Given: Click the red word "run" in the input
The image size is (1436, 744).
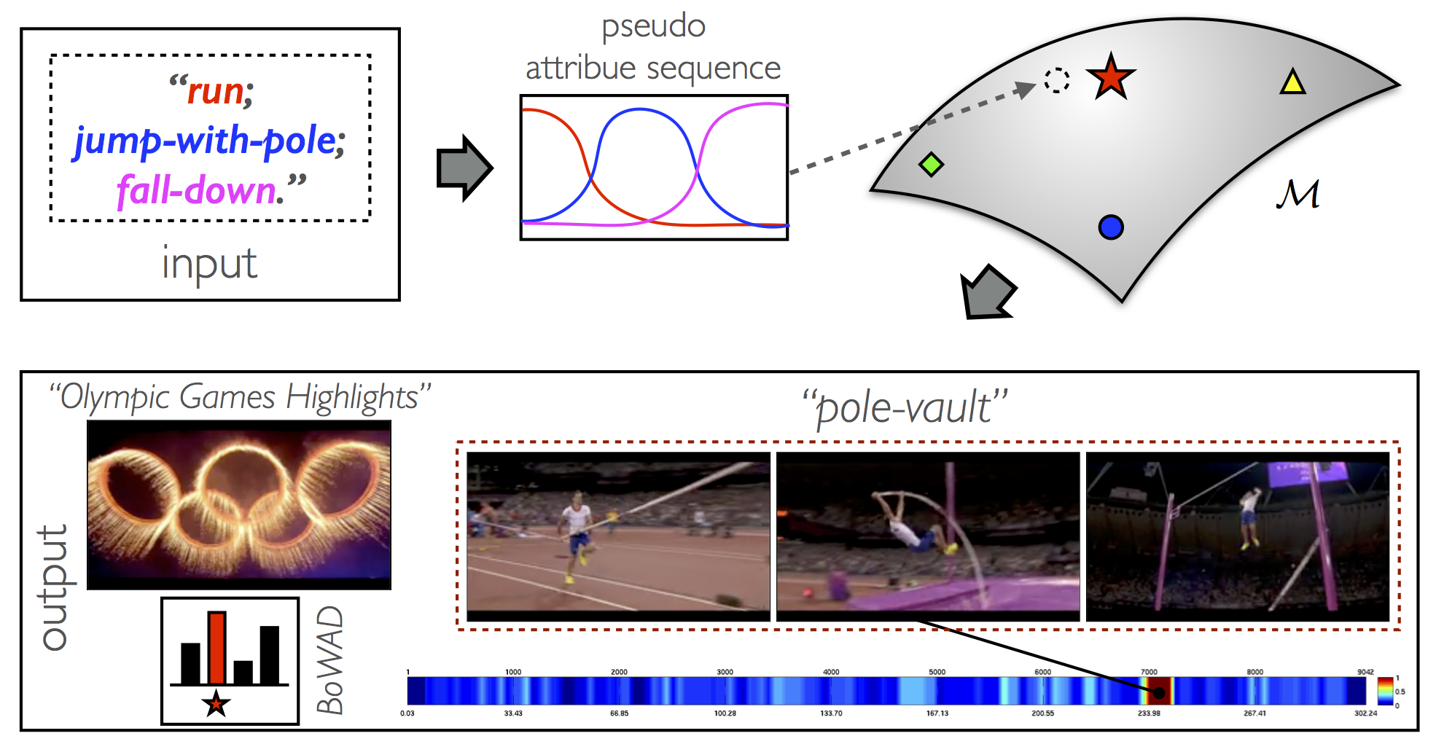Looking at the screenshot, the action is click(216, 92).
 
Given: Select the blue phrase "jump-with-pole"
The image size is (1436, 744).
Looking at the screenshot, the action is click(206, 141).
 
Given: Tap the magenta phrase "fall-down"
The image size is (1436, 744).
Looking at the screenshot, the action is click(197, 190).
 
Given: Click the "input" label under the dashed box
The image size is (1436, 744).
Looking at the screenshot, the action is click(209, 264).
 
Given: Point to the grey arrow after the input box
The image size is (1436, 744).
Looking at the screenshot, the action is click(464, 168).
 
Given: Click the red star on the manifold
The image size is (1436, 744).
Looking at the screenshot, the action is click(1110, 77).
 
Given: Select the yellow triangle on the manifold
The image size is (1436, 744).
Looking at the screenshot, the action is click(1292, 82).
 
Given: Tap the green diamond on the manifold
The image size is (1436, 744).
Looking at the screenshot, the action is click(931, 164).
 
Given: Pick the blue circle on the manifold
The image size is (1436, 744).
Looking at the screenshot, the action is click(1111, 227).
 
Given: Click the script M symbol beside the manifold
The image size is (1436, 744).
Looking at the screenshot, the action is click(1298, 194).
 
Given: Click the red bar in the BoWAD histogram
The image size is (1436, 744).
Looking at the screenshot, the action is click(216, 648).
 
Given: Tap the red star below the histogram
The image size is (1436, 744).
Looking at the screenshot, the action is click(216, 704).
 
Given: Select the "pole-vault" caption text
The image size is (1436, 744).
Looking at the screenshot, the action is click(905, 407).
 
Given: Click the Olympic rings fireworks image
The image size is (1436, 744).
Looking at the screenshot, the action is click(239, 505).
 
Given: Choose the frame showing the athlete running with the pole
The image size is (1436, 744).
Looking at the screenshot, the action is click(618, 537).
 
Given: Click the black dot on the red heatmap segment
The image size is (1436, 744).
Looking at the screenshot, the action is click(1159, 692).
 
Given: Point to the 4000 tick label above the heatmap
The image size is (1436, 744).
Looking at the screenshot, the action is click(831, 672).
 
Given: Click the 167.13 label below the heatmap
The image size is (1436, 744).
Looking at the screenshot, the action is click(937, 713).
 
